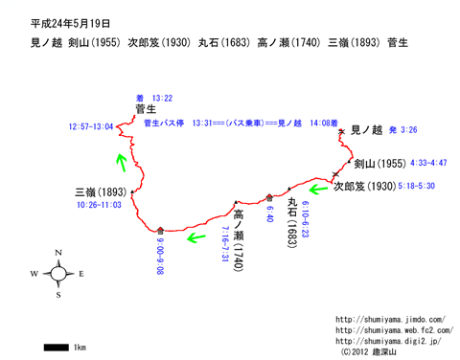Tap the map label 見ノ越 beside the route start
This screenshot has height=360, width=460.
click(x=367, y=129)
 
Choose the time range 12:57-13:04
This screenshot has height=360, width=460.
click(x=91, y=126)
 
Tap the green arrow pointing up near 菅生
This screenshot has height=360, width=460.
click(x=120, y=159)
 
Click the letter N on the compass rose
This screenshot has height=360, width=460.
click(x=58, y=253)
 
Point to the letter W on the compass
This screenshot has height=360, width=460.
click(x=34, y=274)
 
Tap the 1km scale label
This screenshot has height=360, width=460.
click(x=80, y=346)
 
